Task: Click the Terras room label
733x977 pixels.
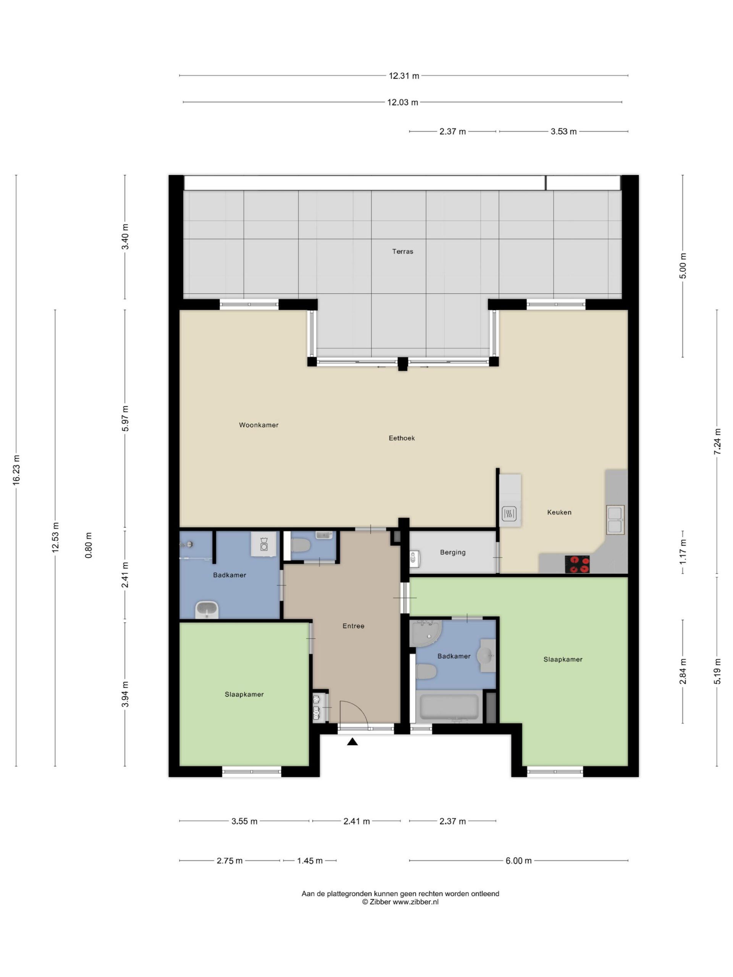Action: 402,252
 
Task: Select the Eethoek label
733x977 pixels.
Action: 402,438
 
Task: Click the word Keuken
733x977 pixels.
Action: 559,512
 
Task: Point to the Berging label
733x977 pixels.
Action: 452,553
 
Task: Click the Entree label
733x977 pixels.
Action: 353,626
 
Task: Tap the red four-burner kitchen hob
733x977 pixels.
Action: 577,564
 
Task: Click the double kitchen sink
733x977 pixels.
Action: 615,520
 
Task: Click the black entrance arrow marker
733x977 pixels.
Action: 352,742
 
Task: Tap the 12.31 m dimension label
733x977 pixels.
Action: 404,76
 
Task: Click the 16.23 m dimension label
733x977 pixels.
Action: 16,470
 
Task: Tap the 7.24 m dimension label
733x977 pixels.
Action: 717,442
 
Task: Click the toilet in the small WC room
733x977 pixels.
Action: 300,545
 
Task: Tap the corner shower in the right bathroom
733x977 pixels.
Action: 425,633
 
